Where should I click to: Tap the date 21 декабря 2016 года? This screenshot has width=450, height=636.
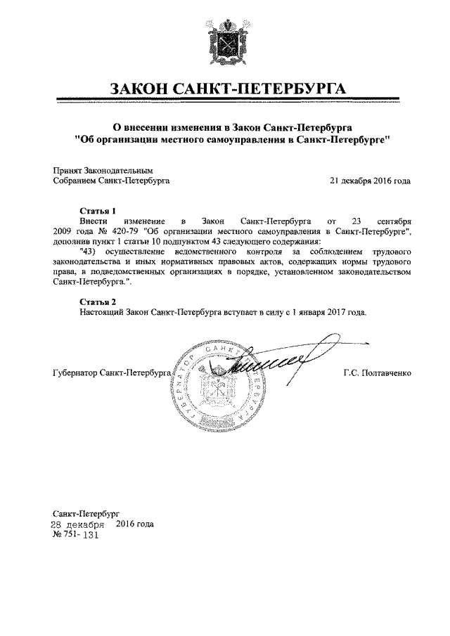point(370,180)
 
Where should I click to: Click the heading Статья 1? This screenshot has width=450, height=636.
point(97,210)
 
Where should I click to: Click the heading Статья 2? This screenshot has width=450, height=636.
point(97,301)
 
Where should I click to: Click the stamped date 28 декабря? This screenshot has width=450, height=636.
point(77,524)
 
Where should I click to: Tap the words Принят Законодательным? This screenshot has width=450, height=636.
point(103,169)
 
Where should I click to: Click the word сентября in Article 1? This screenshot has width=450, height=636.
point(390,221)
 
